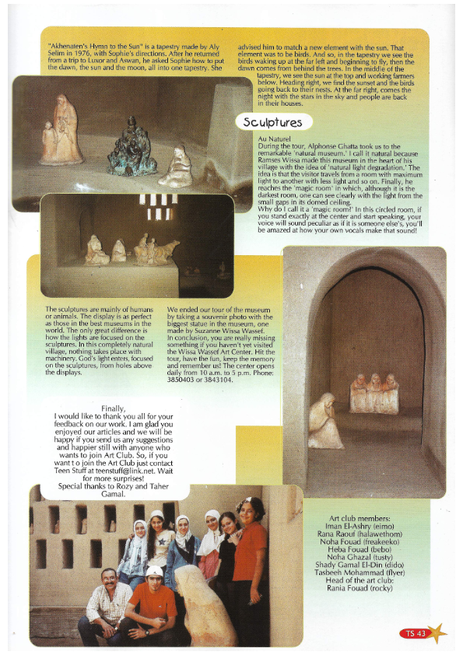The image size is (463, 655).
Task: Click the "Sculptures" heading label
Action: [272, 122]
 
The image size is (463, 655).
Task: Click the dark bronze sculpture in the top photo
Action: [132, 147]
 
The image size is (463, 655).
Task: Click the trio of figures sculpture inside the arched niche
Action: [374, 393]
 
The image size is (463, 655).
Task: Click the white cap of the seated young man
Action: [156, 571]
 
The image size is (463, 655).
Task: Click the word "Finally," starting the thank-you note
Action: [118, 408]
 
